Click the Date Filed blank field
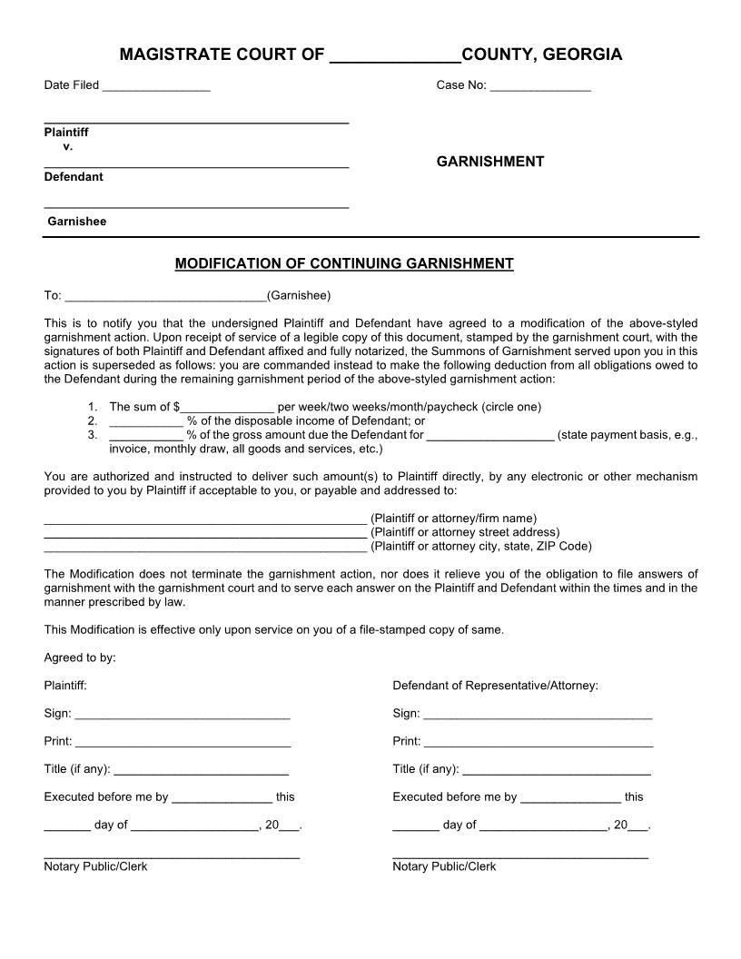pos(156,87)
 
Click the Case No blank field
pos(540,87)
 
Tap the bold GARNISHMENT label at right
pos(490,162)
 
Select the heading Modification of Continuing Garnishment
pos(344,264)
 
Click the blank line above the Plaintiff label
pos(196,120)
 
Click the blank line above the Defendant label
pos(196,165)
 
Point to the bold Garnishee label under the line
pos(77,222)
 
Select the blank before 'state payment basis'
pos(489,436)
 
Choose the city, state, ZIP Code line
pos(205,548)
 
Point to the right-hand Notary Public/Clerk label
pos(444,867)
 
